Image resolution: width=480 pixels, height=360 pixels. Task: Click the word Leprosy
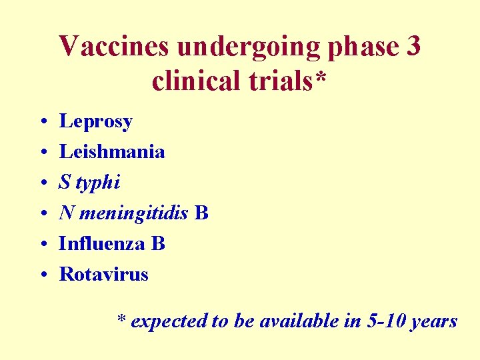coord(96,122)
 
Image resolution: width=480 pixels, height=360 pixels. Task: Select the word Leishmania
coord(112,151)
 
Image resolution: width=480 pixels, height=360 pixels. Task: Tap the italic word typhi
coord(99,183)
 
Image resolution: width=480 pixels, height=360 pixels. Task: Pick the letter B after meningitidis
coord(202,213)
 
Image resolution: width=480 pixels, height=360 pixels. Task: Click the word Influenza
coord(103,243)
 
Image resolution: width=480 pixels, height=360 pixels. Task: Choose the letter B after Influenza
coord(158,243)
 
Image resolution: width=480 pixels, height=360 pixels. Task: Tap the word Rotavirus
coord(103,274)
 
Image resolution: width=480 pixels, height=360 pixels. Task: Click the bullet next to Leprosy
coord(42,123)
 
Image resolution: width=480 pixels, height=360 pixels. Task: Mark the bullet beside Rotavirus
coord(42,275)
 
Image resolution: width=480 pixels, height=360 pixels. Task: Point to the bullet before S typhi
coord(42,183)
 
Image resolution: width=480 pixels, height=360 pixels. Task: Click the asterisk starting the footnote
coord(121,319)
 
